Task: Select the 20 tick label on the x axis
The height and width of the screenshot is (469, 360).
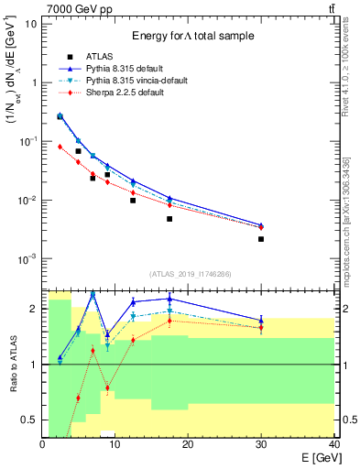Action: pos(188,443)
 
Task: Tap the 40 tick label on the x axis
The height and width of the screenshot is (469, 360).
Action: pos(333,443)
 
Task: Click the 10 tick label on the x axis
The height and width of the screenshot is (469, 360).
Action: pos(115,443)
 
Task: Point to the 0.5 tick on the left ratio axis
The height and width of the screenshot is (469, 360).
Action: pos(32,420)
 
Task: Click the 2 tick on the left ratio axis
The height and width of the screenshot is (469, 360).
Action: pos(35,309)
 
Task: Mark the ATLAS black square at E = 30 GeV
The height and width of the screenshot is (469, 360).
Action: pos(261,239)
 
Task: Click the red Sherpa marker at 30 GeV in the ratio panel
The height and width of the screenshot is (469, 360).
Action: pos(261,328)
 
